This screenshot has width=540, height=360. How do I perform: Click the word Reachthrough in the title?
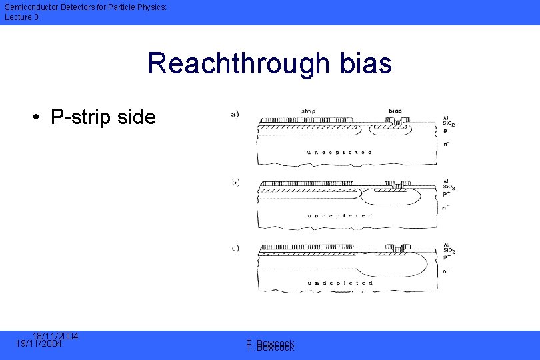tap(238, 63)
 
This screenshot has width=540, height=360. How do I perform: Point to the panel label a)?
tap(235, 113)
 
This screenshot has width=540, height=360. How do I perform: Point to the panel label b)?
tap(235, 181)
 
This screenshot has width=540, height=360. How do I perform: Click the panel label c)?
tap(235, 249)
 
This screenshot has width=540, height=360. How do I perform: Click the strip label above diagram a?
tap(309, 111)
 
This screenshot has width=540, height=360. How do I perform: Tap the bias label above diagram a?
tap(395, 111)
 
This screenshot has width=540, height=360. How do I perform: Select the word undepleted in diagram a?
tap(339, 153)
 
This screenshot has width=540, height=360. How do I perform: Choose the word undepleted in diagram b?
tap(339, 216)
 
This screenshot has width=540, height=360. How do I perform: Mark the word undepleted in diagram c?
tap(339, 283)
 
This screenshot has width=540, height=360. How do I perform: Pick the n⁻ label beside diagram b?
tap(446, 208)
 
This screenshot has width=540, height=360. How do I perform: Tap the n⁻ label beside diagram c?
tap(446, 272)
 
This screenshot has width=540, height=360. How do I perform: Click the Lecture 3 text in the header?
tap(22, 17)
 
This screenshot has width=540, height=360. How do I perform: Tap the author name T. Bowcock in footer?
tap(270, 345)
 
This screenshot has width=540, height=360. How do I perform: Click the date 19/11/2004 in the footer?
tap(39, 344)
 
